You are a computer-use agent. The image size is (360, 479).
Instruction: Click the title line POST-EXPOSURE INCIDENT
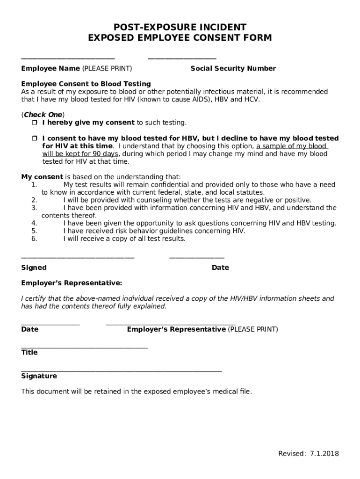[180, 27]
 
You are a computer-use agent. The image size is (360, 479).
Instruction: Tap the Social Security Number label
[233, 68]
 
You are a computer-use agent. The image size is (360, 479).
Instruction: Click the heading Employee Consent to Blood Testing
[86, 84]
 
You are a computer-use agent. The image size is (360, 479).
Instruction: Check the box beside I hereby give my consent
[34, 123]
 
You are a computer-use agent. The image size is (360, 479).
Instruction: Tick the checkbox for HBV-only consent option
[34, 138]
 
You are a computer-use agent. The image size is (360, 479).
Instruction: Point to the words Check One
[43, 115]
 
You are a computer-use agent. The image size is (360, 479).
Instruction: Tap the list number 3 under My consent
[34, 208]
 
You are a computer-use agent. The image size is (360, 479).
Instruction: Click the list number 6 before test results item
[34, 239]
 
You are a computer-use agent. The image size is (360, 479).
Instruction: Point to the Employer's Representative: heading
[72, 283]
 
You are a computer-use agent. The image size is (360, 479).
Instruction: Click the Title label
[29, 352]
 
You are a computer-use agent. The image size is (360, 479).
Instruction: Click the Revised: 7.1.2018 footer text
[309, 453]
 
